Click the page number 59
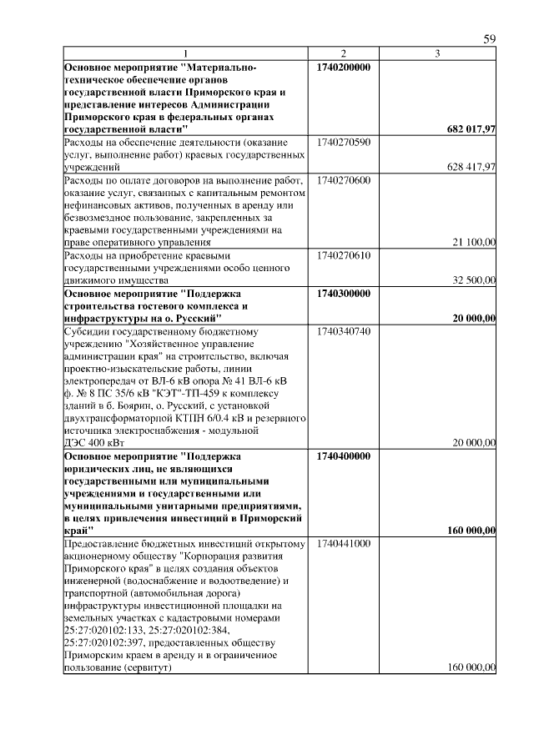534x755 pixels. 490,39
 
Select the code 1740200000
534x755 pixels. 345,67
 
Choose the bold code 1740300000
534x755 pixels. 345,293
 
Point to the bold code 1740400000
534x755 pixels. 345,456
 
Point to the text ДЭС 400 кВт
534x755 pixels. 95,442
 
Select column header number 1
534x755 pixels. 187,54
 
